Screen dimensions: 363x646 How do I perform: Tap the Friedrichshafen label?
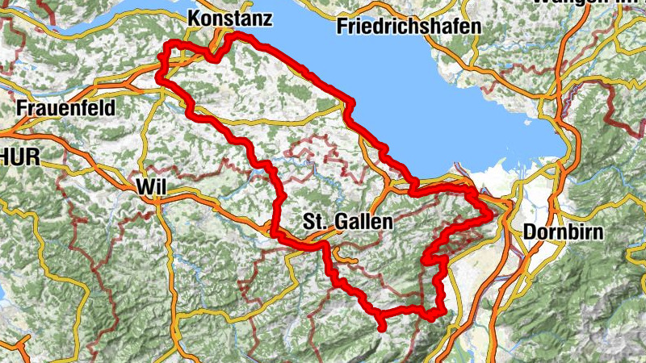[x=410, y=27]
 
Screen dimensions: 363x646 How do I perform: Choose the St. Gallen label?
[x=348, y=221]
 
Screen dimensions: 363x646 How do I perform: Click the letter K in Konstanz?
[x=193, y=17]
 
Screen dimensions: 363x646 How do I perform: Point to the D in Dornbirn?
[x=529, y=232]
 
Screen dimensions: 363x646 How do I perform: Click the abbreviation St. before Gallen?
[x=314, y=221]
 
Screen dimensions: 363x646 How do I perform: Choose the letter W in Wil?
[x=144, y=186]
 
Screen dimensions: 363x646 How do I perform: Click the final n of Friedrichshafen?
[x=476, y=27]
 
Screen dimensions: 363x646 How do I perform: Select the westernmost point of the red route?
[x=158, y=78]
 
